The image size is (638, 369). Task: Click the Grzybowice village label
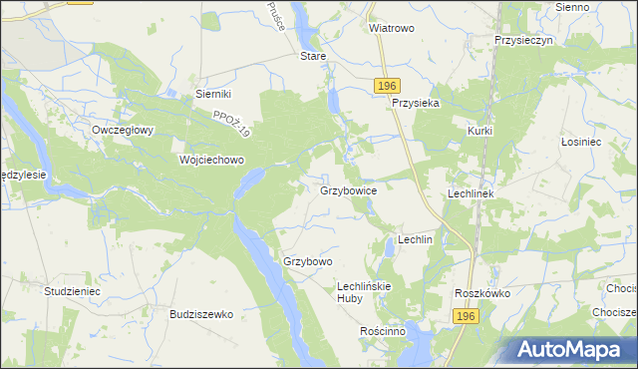point(348,189)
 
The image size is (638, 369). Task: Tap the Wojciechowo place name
point(210,160)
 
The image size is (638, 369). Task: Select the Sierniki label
point(213,94)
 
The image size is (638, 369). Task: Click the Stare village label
point(313,57)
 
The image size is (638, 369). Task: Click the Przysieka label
point(417,103)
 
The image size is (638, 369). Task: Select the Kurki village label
point(480,131)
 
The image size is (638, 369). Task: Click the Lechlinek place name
point(472,192)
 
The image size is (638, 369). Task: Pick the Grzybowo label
point(307,261)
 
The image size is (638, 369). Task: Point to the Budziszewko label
point(201,313)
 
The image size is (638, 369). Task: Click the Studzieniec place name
point(72,291)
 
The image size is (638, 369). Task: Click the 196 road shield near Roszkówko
point(466,315)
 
